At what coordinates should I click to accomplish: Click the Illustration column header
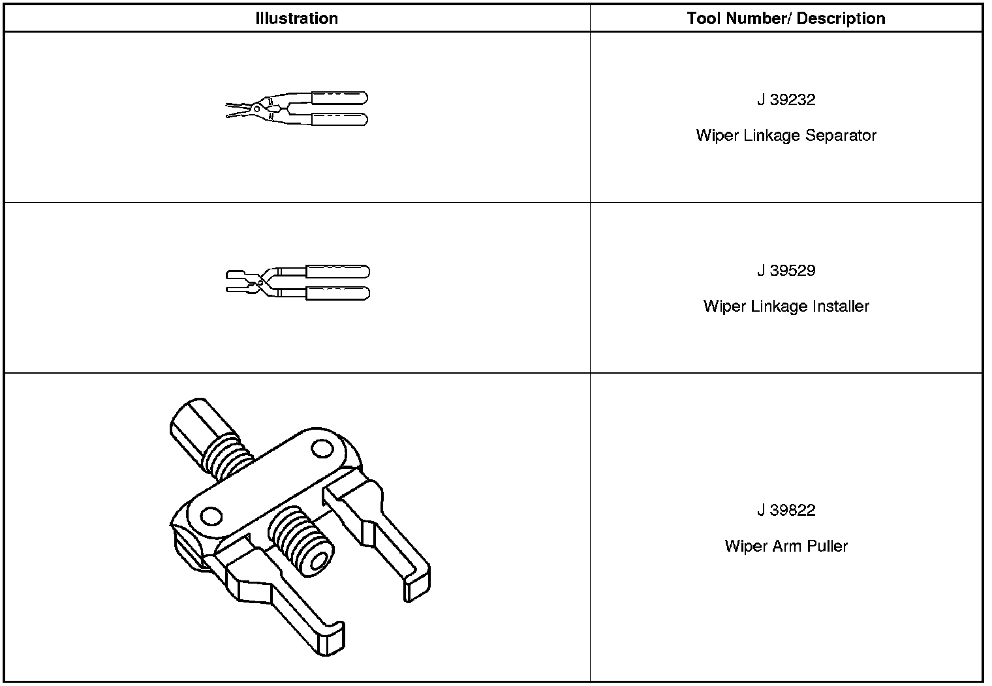coord(296,18)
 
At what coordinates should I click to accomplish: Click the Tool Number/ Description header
coord(786,18)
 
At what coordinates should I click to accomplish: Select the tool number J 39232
coord(786,100)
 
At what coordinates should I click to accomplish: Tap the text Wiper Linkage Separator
coord(786,136)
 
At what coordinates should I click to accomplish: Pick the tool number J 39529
coord(786,271)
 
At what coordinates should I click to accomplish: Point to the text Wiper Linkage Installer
coord(786,306)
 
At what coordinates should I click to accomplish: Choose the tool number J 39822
coord(786,510)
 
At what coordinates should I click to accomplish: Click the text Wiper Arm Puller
coord(786,546)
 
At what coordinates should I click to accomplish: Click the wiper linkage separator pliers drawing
coord(297,108)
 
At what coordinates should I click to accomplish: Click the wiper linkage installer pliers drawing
coord(298,282)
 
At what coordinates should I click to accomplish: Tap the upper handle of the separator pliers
coord(339,98)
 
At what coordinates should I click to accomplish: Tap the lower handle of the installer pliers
coord(337,293)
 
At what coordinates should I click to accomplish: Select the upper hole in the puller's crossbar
coord(320,449)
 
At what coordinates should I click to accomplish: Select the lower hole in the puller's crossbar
coord(211,517)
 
